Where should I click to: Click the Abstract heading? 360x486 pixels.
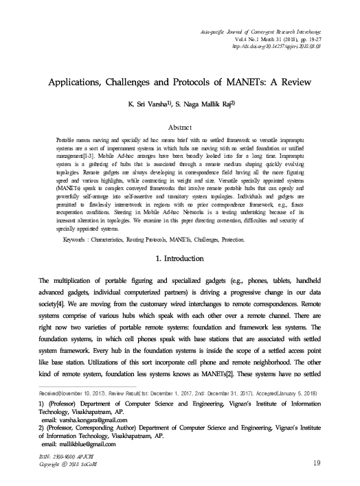click(180, 128)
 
